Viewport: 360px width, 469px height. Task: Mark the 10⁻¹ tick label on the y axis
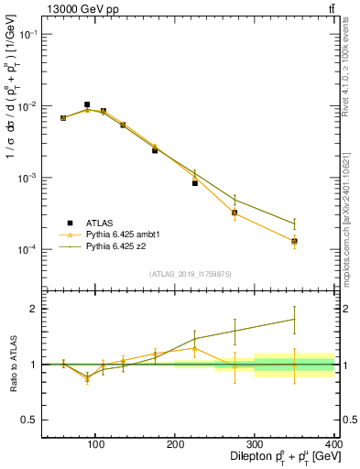(27, 34)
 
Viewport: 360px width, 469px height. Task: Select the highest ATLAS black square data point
(87, 104)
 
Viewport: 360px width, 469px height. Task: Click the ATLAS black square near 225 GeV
(195, 183)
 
